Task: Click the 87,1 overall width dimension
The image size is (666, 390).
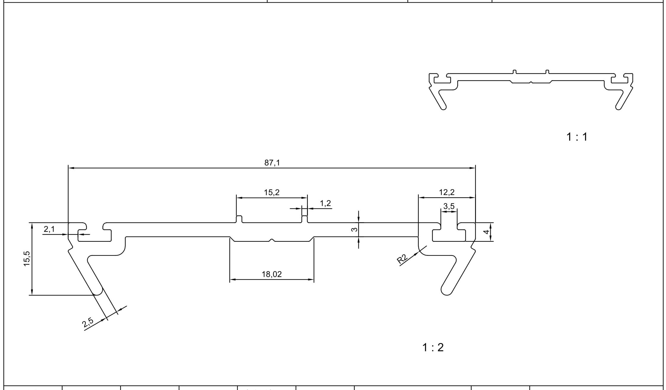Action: pyautogui.click(x=272, y=163)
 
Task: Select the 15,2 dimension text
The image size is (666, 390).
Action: pyautogui.click(x=272, y=192)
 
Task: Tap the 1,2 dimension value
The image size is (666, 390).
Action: pyautogui.click(x=325, y=203)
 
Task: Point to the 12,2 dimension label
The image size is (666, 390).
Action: pyautogui.click(x=447, y=192)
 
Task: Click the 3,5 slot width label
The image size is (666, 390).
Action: pyautogui.click(x=449, y=206)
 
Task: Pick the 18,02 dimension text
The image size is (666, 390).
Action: pyautogui.click(x=271, y=274)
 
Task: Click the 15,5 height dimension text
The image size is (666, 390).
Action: pyautogui.click(x=27, y=259)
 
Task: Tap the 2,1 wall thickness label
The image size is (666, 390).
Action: pyautogui.click(x=49, y=229)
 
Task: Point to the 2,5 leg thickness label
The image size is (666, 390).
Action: pyautogui.click(x=88, y=322)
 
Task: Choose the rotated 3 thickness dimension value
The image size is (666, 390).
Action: pyautogui.click(x=354, y=230)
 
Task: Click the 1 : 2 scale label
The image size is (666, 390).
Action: pyautogui.click(x=433, y=348)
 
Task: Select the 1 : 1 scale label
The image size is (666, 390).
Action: pyautogui.click(x=577, y=137)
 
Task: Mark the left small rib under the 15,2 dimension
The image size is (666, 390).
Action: pyautogui.click(x=239, y=219)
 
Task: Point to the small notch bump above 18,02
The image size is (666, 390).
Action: pyautogui.click(x=271, y=240)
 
